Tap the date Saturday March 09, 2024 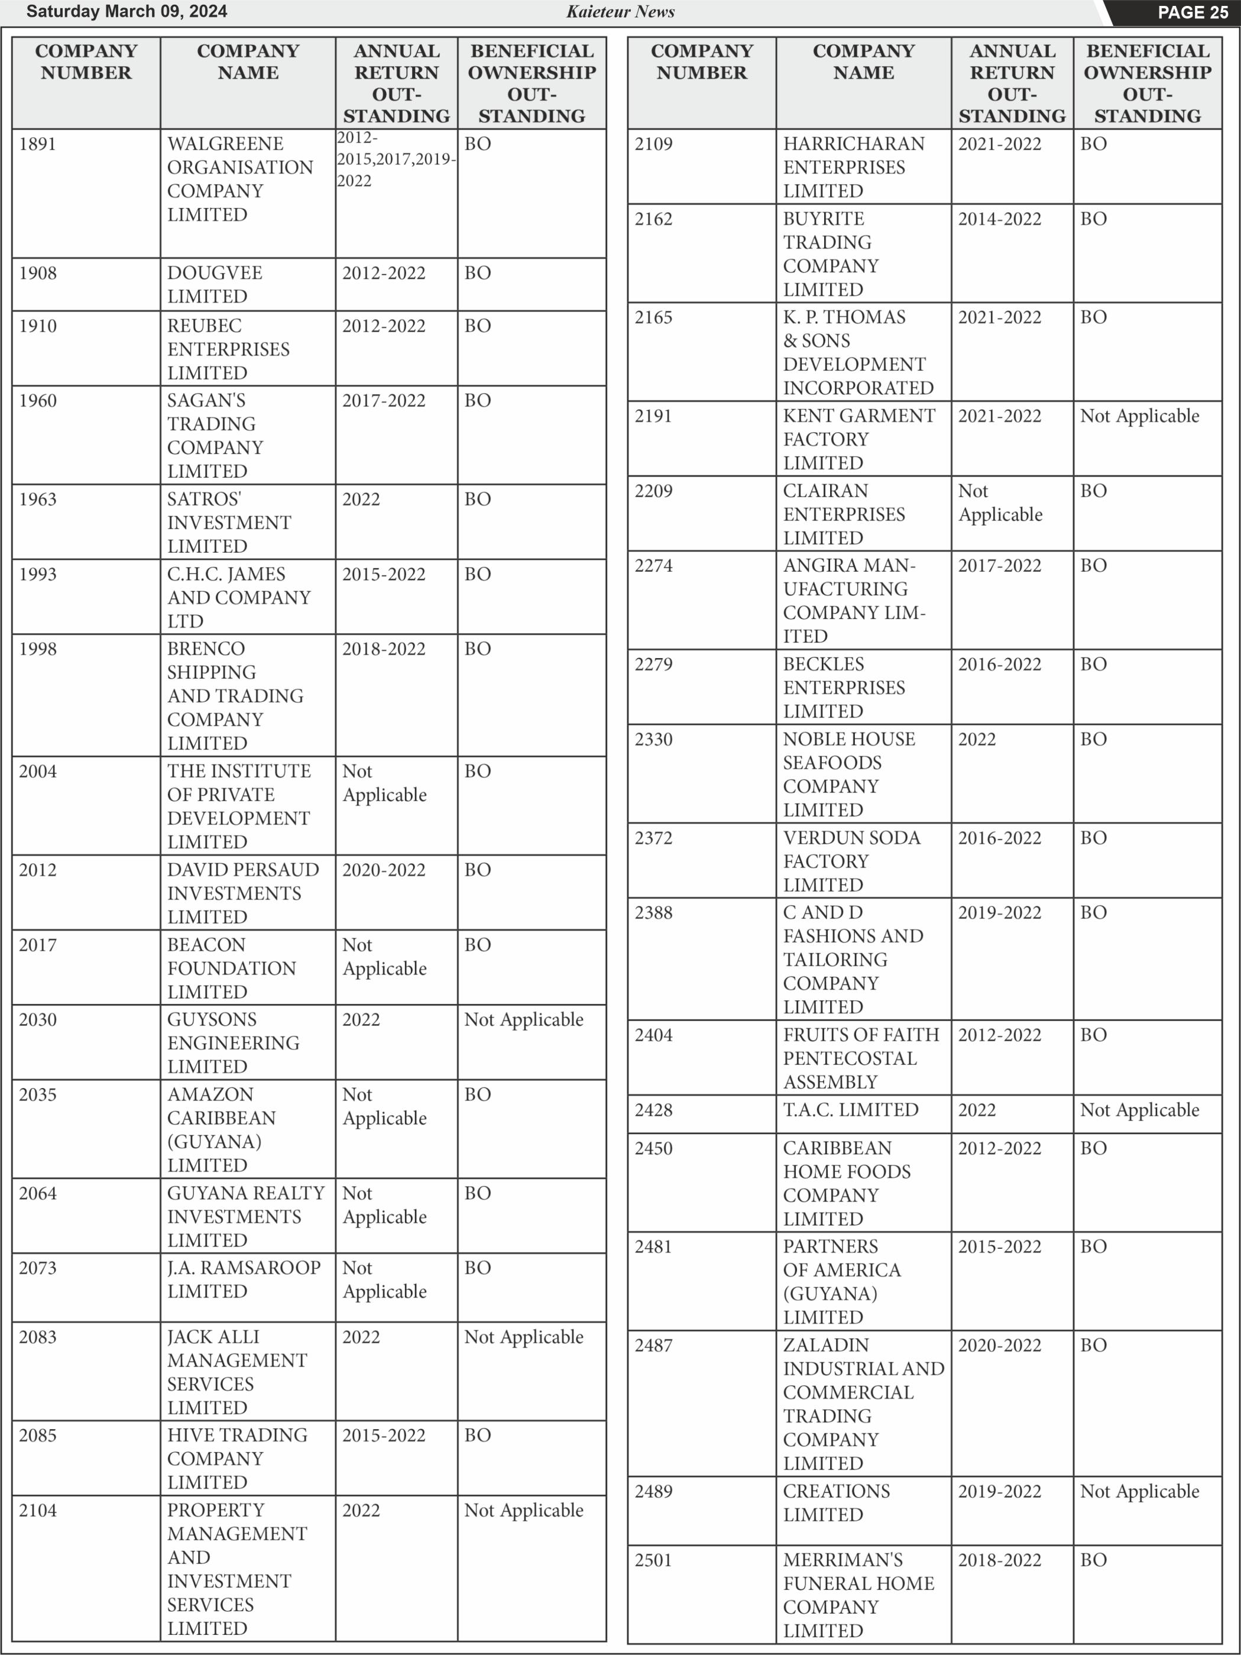(x=127, y=11)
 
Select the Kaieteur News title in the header (x=620, y=11)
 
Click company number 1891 (x=37, y=144)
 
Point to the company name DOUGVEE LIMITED (x=215, y=284)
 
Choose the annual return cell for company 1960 (x=384, y=400)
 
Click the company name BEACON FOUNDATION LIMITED (x=231, y=967)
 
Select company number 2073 (x=37, y=1268)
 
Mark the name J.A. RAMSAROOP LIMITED (x=243, y=1279)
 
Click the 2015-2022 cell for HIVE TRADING (x=384, y=1434)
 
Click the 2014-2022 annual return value (x=999, y=218)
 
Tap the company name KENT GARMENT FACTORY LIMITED (x=858, y=439)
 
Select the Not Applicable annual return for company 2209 (x=1000, y=502)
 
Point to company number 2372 (x=653, y=837)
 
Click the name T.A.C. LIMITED (x=851, y=1110)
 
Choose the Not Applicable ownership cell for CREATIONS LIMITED (x=1139, y=1491)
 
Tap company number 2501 (x=653, y=1560)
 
